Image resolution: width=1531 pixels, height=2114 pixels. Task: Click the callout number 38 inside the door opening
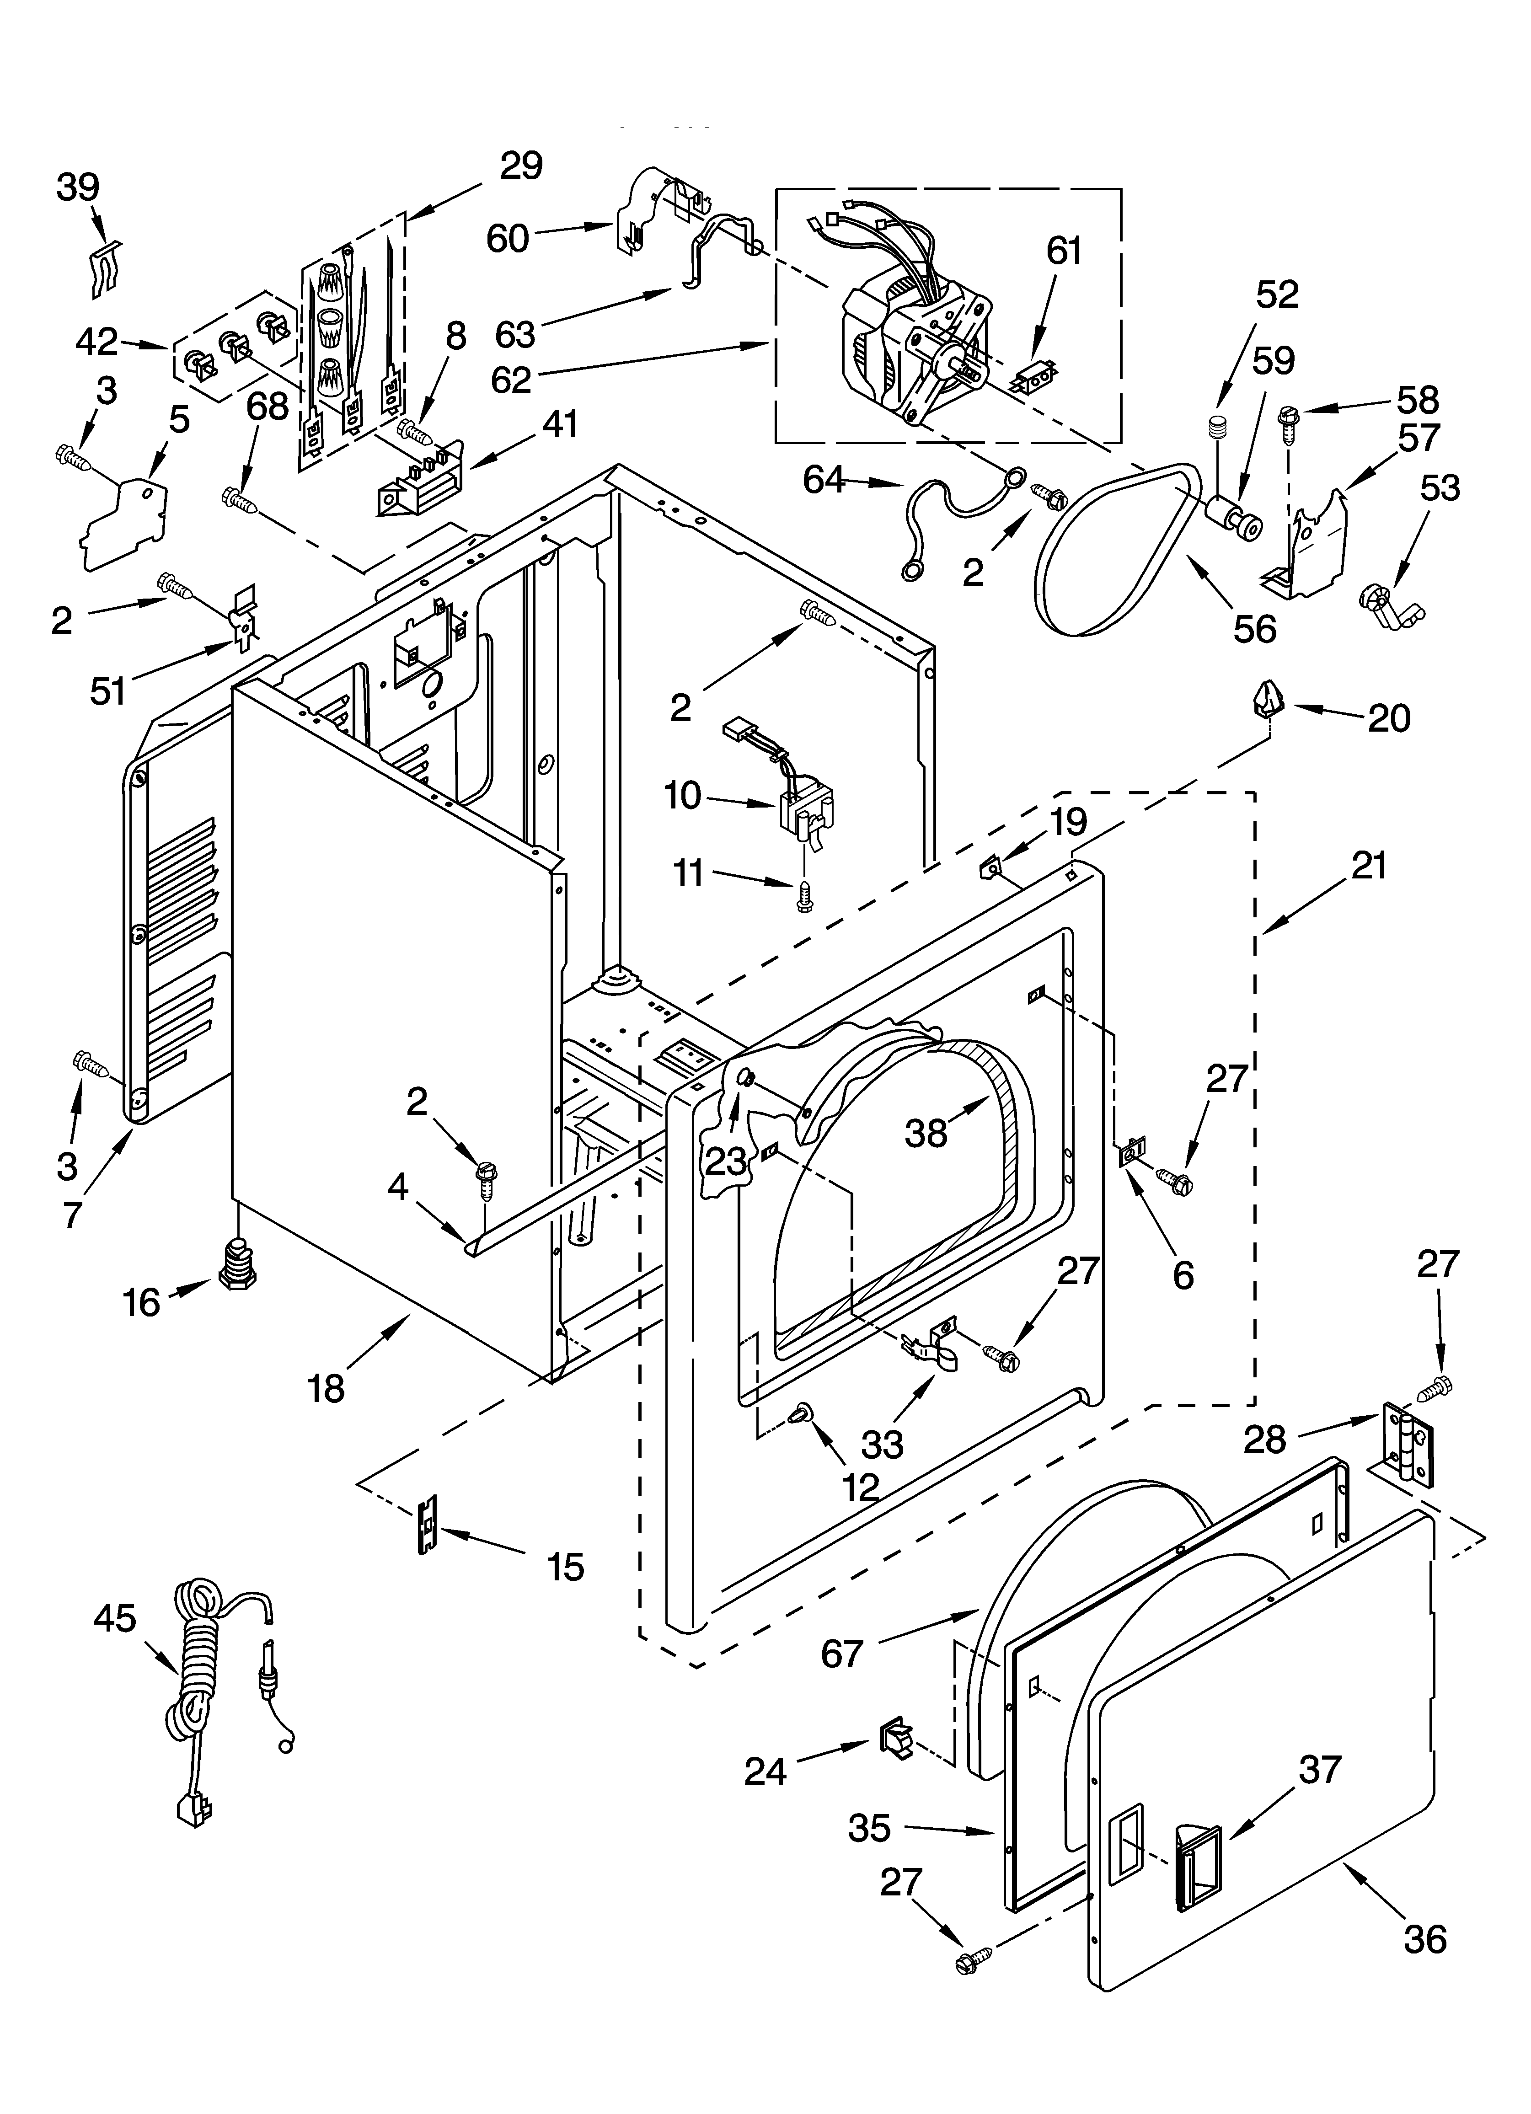coord(926,1133)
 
